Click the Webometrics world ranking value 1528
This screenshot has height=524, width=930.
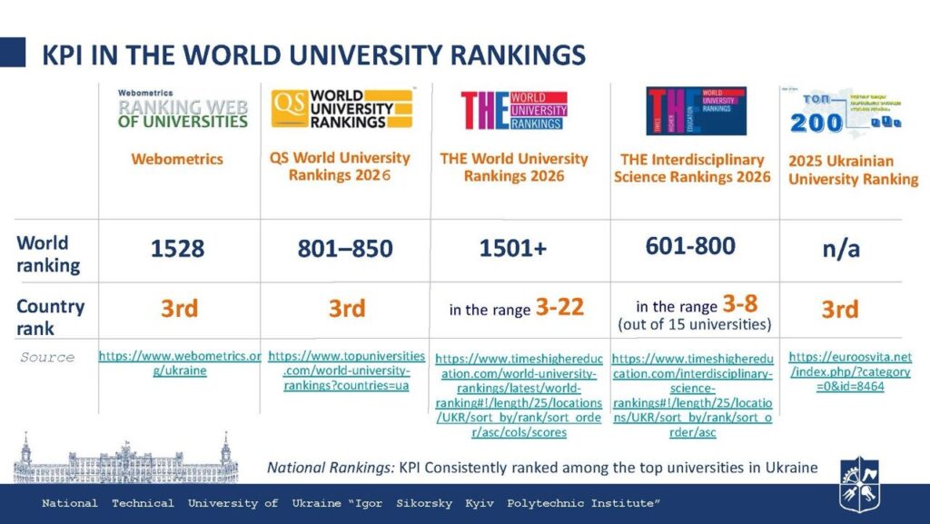pos(178,248)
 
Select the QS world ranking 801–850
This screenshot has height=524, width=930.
pos(346,248)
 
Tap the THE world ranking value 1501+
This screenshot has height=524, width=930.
pos(513,248)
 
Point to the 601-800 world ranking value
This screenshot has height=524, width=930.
pos(690,245)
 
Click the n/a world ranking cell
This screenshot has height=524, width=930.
pos(840,249)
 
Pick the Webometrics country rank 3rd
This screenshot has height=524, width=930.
pos(179,309)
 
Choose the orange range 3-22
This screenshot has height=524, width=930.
pos(559,308)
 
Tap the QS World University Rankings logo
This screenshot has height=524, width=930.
pos(341,109)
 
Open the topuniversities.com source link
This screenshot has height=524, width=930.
pos(346,371)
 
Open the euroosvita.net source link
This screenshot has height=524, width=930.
pos(850,371)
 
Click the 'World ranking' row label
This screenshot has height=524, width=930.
pos(48,254)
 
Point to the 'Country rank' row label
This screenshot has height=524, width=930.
pos(51,316)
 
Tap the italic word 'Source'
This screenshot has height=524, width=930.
pos(47,358)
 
